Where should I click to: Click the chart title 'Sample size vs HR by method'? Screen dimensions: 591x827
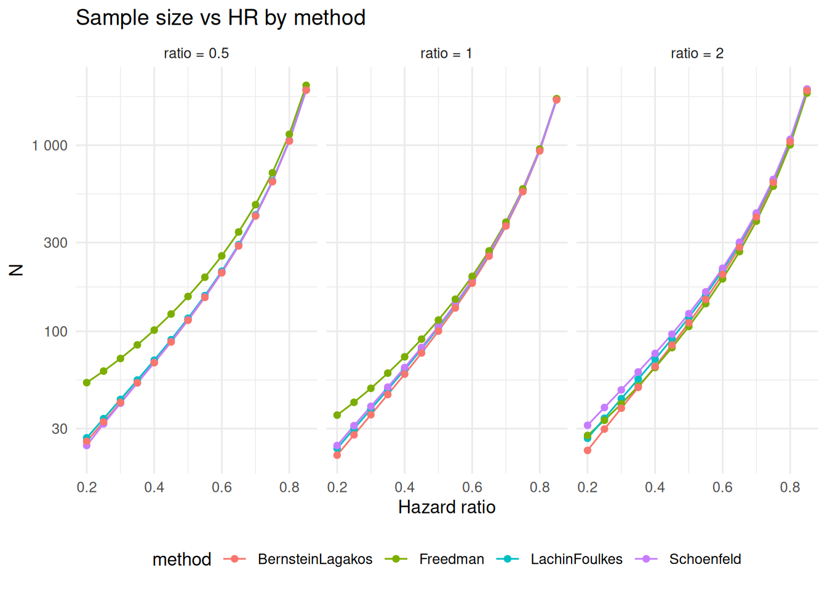pyautogui.click(x=220, y=18)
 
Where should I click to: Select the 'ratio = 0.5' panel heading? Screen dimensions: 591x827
pyautogui.click(x=196, y=54)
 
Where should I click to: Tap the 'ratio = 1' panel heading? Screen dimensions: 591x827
pyautogui.click(x=446, y=54)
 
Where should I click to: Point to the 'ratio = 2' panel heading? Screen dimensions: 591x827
pyautogui.click(x=697, y=54)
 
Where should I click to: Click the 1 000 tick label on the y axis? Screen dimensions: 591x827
pyautogui.click(x=50, y=146)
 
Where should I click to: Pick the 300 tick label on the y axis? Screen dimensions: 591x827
pyautogui.click(x=55, y=243)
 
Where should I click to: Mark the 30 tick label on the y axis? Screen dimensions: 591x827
pyautogui.click(x=59, y=428)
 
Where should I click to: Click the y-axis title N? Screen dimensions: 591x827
pyautogui.click(x=17, y=270)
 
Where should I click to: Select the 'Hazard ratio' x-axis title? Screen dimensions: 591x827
pyautogui.click(x=447, y=507)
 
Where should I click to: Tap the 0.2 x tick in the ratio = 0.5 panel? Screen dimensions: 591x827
pyautogui.click(x=87, y=488)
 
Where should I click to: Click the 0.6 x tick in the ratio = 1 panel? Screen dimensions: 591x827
pyautogui.click(x=472, y=488)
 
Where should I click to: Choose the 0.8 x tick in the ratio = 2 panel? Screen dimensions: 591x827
pyautogui.click(x=790, y=488)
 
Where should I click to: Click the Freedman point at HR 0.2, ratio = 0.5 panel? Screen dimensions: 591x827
pyautogui.click(x=87, y=383)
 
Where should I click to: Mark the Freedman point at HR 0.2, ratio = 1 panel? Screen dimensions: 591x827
pyautogui.click(x=337, y=416)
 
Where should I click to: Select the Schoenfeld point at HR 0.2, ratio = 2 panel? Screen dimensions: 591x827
pyautogui.click(x=588, y=425)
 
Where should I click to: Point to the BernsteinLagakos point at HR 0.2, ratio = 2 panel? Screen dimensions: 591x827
pyautogui.click(x=588, y=451)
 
